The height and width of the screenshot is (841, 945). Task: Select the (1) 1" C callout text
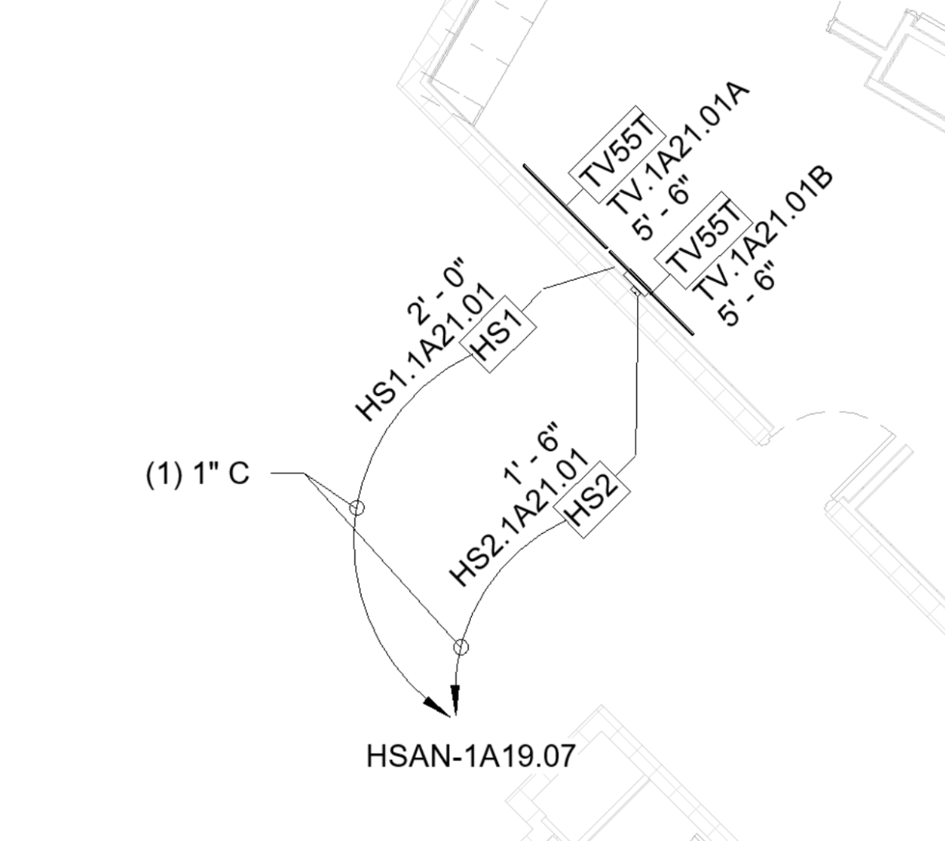[198, 475]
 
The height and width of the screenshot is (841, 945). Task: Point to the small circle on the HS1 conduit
[357, 507]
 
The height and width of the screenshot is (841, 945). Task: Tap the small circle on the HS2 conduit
[461, 647]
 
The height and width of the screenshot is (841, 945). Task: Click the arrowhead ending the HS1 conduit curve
[435, 706]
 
